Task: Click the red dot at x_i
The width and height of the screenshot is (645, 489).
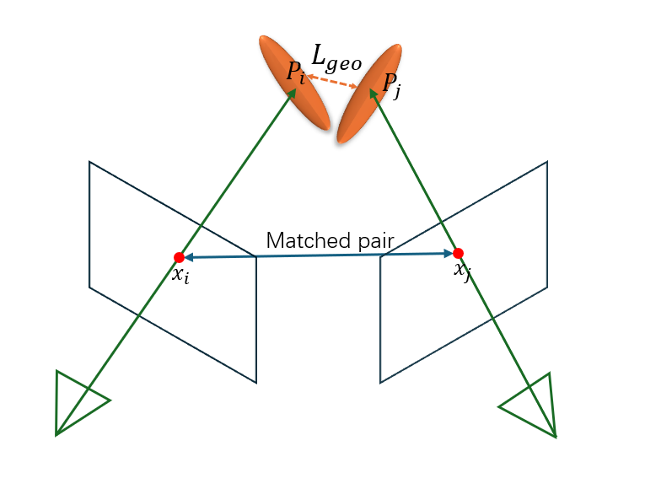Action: coord(179,257)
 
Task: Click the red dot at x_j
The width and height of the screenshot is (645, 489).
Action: coord(458,253)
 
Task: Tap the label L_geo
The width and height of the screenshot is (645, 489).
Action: coord(336,57)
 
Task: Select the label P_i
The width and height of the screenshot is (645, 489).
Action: coord(296,73)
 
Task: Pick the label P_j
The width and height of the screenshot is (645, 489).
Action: coord(391,83)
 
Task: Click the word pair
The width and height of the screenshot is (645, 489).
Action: coord(376,241)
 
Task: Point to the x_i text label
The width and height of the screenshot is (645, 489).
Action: coord(180,275)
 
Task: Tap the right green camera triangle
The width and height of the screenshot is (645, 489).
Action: coord(533,405)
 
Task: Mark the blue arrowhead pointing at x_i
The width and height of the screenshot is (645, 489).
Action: coord(187,257)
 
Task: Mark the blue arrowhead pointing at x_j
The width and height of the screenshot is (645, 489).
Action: coord(449,253)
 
